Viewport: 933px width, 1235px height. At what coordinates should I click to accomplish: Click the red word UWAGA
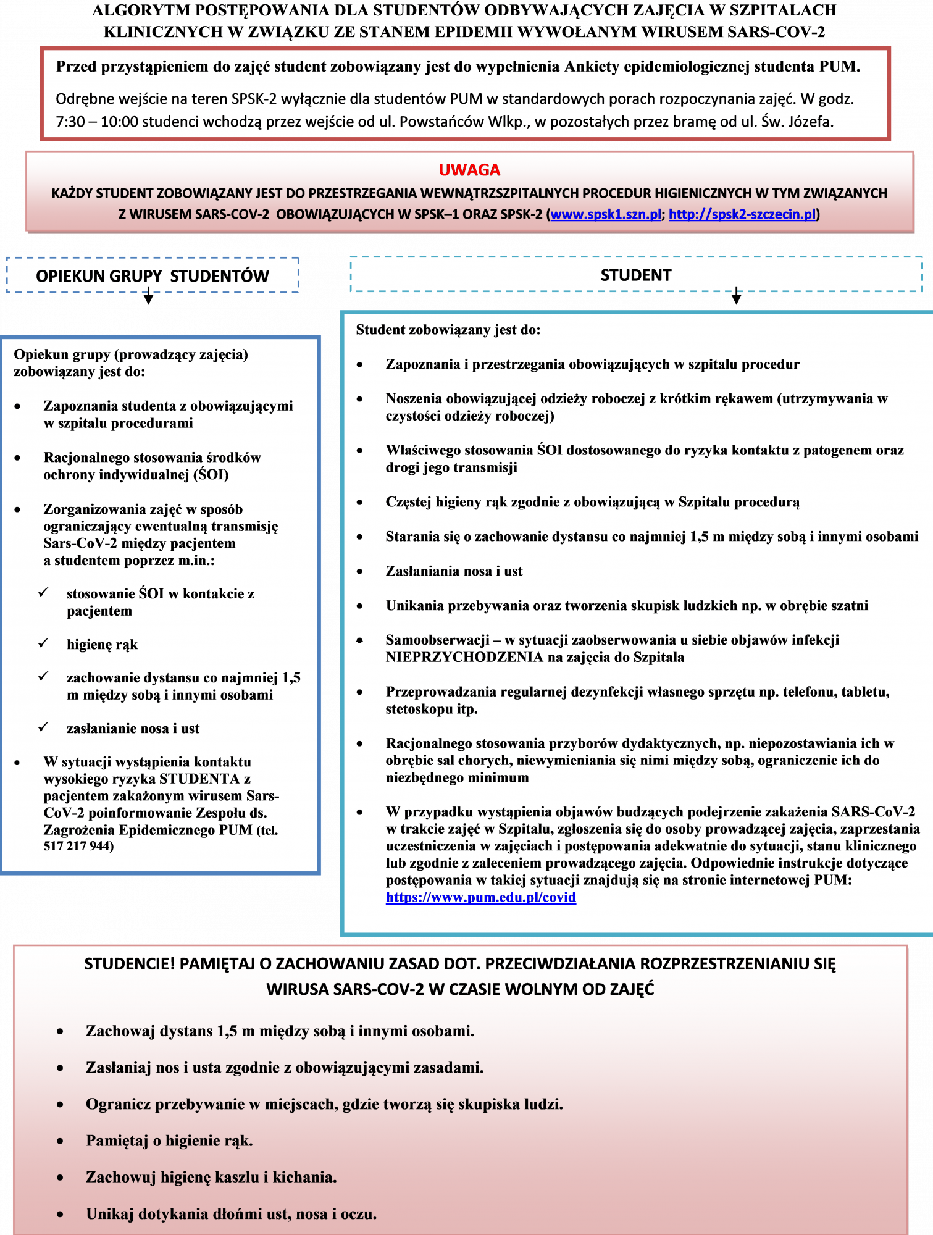469,170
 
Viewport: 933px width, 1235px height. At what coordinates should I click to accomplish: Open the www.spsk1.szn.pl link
605,214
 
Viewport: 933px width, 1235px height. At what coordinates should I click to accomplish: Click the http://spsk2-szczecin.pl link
742,214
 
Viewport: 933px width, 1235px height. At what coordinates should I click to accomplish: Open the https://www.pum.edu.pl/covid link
480,897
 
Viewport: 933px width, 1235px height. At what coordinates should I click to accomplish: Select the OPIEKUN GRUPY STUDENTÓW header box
152,275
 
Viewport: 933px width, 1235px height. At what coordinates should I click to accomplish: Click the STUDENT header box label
635,275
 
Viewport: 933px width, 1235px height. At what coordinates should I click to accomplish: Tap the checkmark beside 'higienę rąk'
43,643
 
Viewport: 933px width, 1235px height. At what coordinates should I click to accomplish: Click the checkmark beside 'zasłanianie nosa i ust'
43,727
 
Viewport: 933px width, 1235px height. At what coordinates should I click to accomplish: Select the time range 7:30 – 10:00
97,122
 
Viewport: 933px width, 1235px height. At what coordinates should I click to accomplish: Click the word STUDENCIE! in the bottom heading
130,964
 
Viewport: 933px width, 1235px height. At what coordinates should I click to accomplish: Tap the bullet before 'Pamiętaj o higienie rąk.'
60,1141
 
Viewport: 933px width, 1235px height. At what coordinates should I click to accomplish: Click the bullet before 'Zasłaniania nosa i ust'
360,571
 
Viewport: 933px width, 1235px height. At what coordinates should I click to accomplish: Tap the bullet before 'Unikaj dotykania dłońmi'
60,1214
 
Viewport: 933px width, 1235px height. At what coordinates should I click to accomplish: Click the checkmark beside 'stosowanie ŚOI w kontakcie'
43,593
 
